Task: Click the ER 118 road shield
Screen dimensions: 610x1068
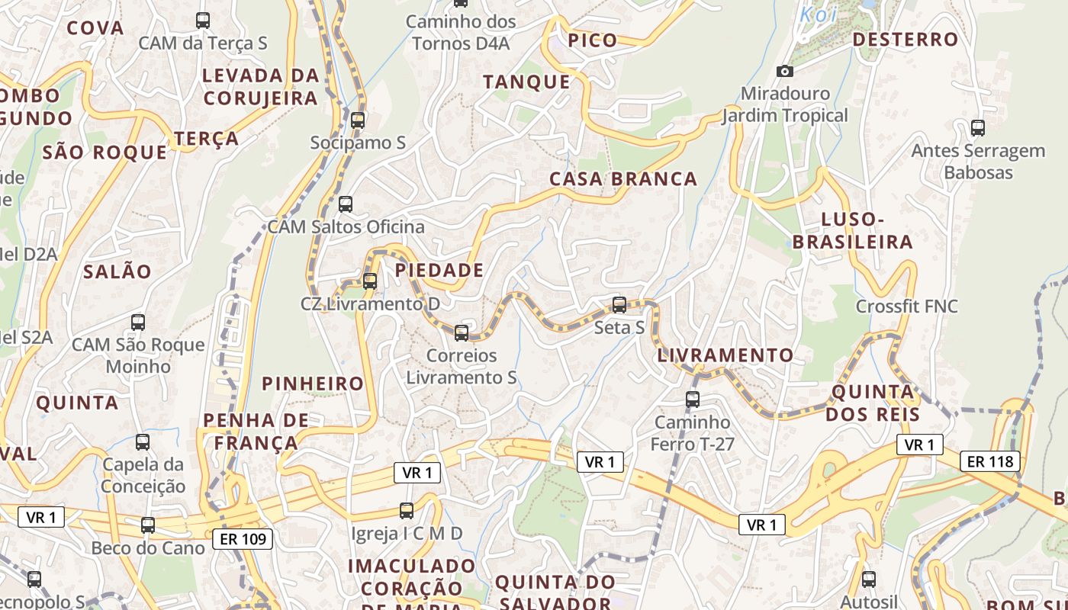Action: click(x=990, y=461)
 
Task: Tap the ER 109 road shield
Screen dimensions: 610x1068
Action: click(x=243, y=539)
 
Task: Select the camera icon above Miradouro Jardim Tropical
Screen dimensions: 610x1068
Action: click(x=784, y=72)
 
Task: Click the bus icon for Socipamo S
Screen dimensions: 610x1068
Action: click(x=358, y=120)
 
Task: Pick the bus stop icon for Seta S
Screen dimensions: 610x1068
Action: click(x=619, y=305)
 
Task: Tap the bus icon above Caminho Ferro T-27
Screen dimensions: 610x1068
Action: click(x=693, y=399)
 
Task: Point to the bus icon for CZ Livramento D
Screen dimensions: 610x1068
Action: click(x=370, y=281)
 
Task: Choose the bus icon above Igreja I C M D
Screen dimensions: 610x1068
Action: click(x=407, y=511)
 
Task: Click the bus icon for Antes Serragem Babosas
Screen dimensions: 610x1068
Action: click(x=977, y=128)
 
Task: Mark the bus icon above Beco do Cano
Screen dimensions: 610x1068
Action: click(x=148, y=525)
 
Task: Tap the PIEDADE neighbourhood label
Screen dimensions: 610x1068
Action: click(x=439, y=271)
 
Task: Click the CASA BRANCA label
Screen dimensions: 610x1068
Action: click(x=623, y=179)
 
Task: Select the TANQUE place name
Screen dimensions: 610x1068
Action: click(x=526, y=82)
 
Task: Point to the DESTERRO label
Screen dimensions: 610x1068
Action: click(x=905, y=40)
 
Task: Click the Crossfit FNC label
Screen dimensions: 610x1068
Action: click(x=906, y=307)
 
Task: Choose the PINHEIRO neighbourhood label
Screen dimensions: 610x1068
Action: click(x=313, y=384)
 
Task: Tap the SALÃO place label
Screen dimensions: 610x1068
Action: click(x=117, y=271)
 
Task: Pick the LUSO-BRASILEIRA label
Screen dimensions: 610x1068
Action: click(x=852, y=231)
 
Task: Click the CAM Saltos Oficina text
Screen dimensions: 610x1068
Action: click(x=346, y=227)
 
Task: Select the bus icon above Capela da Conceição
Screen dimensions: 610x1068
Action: click(x=143, y=442)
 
